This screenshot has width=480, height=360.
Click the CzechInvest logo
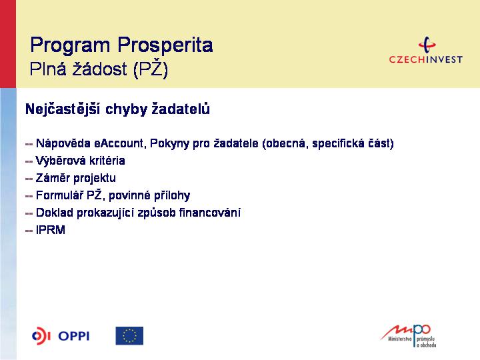(425, 50)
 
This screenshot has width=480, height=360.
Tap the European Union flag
(129, 336)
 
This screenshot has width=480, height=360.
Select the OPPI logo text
(74, 336)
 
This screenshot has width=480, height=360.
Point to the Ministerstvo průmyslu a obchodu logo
(409, 336)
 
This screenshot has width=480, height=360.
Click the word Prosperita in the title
(165, 45)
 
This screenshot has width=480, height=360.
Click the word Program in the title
(70, 45)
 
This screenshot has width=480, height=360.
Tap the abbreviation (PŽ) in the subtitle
(151, 69)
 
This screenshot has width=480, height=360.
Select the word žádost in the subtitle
(99, 69)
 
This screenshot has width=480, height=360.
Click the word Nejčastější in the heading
(63, 109)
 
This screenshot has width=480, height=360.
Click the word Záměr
(53, 178)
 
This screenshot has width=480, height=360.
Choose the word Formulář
(59, 195)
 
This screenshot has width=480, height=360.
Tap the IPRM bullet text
(51, 230)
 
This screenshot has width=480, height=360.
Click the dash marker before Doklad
(29, 213)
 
